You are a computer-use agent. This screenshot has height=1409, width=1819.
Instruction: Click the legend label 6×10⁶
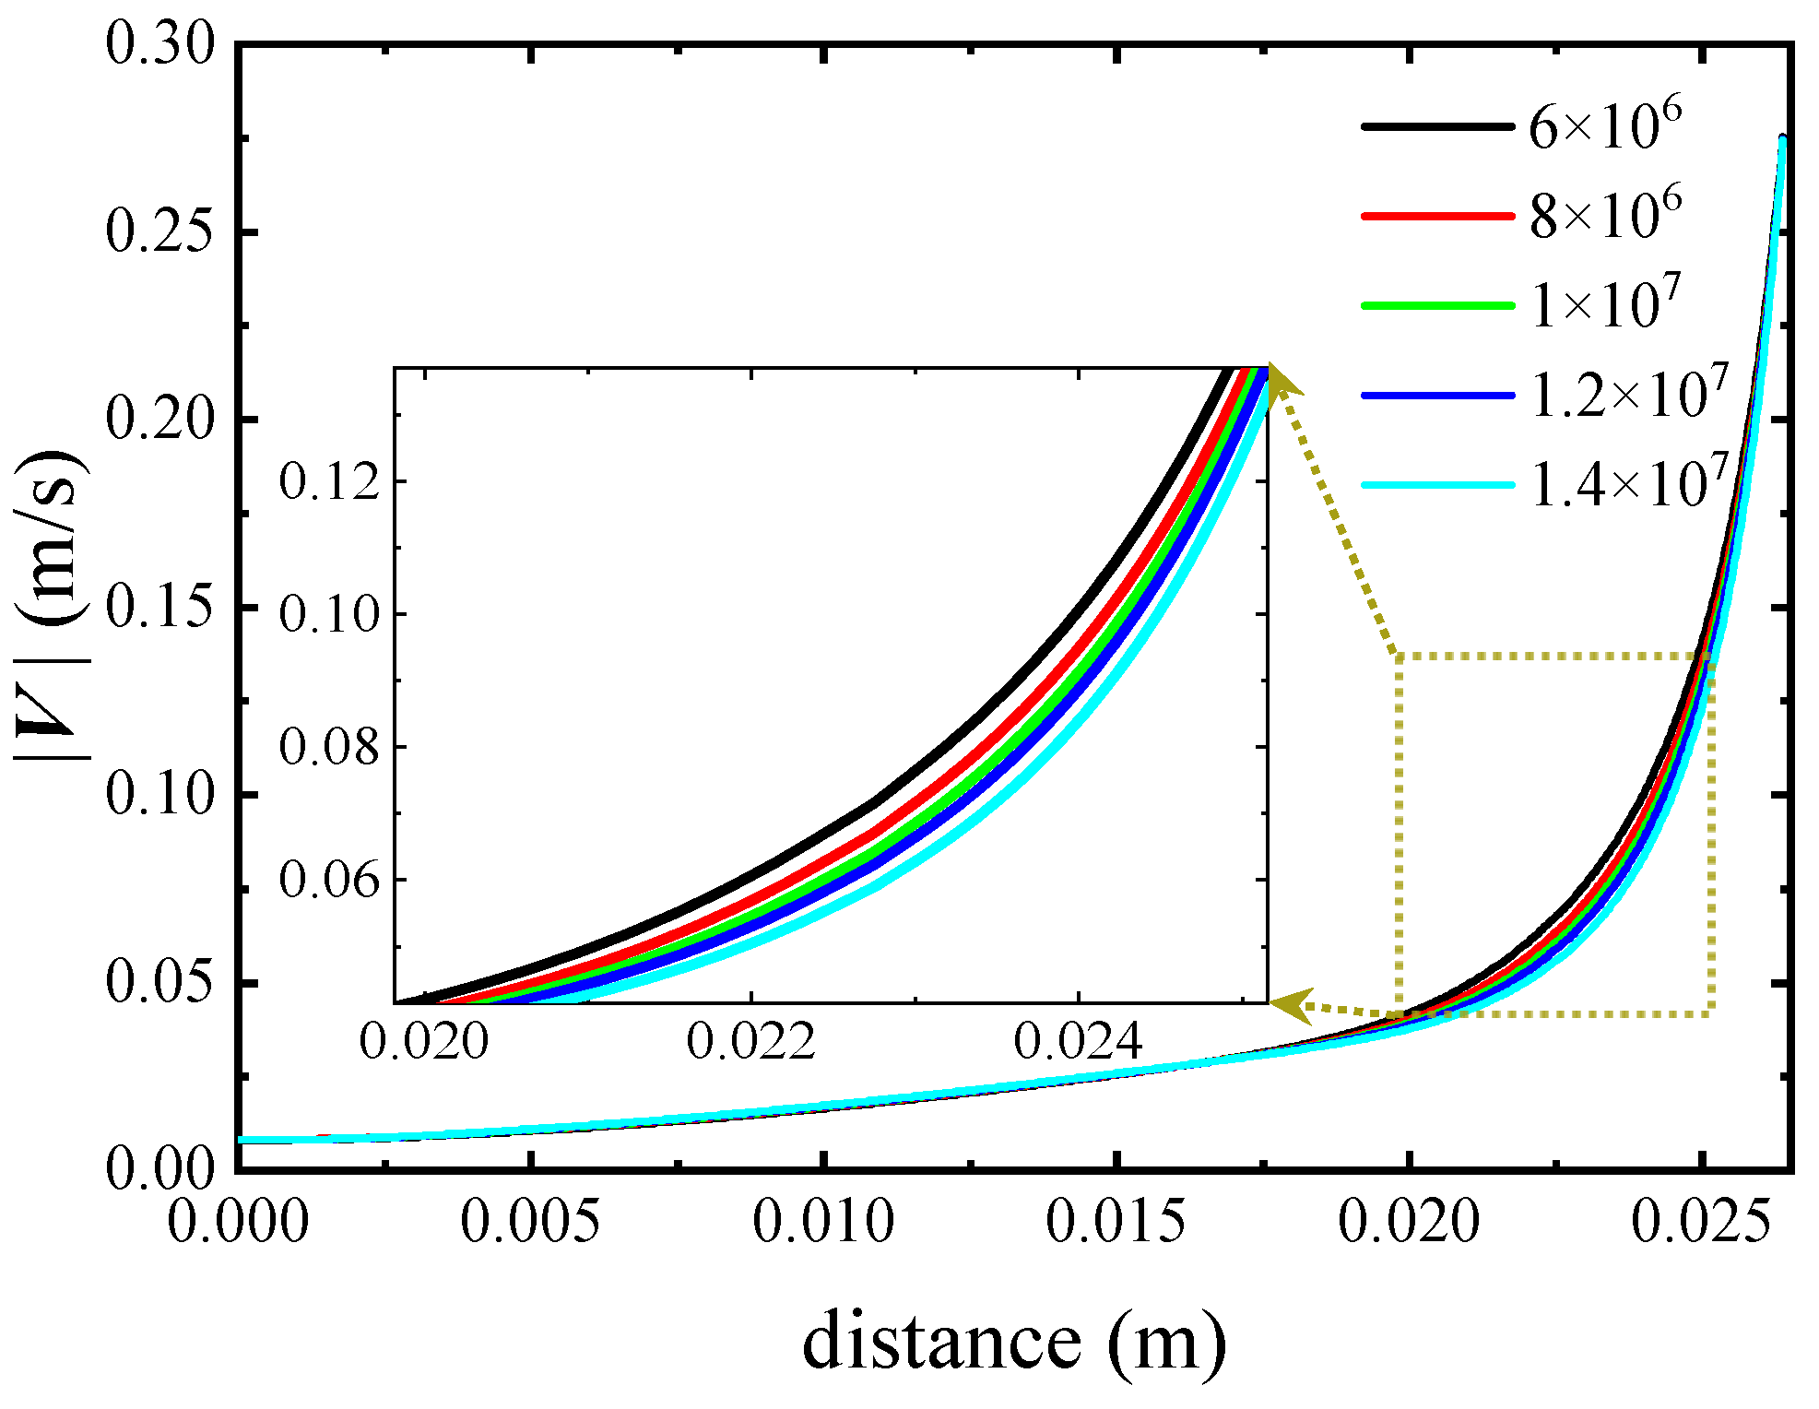(x=1605, y=125)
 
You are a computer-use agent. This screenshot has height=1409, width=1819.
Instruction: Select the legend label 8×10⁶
(x=1605, y=215)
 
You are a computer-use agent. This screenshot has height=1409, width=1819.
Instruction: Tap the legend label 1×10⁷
(x=1605, y=304)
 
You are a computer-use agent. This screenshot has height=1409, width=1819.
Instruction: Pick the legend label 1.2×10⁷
(x=1628, y=395)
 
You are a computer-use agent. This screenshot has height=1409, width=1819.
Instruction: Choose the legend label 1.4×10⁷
(x=1628, y=484)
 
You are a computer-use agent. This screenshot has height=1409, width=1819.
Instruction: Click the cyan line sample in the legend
(x=1437, y=485)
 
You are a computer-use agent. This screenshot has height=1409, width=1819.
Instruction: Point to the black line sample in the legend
(x=1437, y=126)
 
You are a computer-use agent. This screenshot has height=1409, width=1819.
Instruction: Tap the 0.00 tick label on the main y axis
(x=159, y=1168)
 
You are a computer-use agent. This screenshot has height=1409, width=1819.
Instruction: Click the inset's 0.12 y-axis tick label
(x=329, y=481)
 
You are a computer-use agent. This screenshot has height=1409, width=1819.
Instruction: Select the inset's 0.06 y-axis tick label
(x=329, y=880)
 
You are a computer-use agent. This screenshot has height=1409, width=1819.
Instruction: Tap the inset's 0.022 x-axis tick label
(x=750, y=1043)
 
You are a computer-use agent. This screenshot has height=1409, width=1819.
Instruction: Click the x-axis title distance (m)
(x=1014, y=1342)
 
